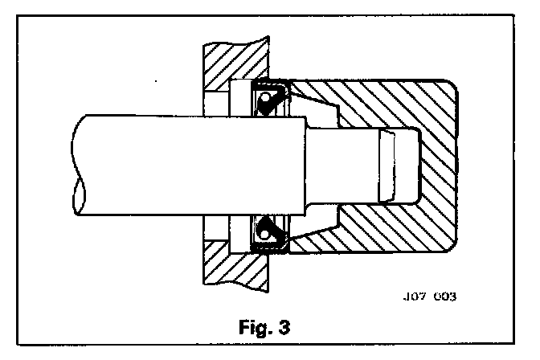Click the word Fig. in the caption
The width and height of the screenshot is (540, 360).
coord(256,329)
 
